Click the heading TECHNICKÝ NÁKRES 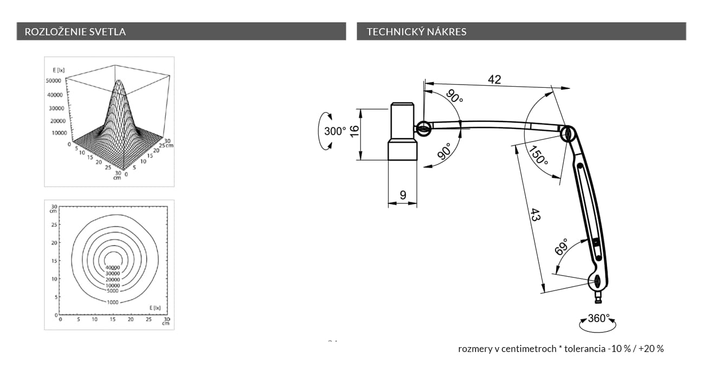(x=416, y=31)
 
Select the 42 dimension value (x=494, y=79)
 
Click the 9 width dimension (x=403, y=195)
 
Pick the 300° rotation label (x=335, y=131)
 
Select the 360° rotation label (x=599, y=318)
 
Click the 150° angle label (x=539, y=156)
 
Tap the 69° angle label (x=562, y=247)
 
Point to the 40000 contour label (x=113, y=267)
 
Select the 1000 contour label (x=113, y=302)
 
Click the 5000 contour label (x=113, y=291)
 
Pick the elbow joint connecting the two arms (x=569, y=133)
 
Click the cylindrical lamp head (x=403, y=132)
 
